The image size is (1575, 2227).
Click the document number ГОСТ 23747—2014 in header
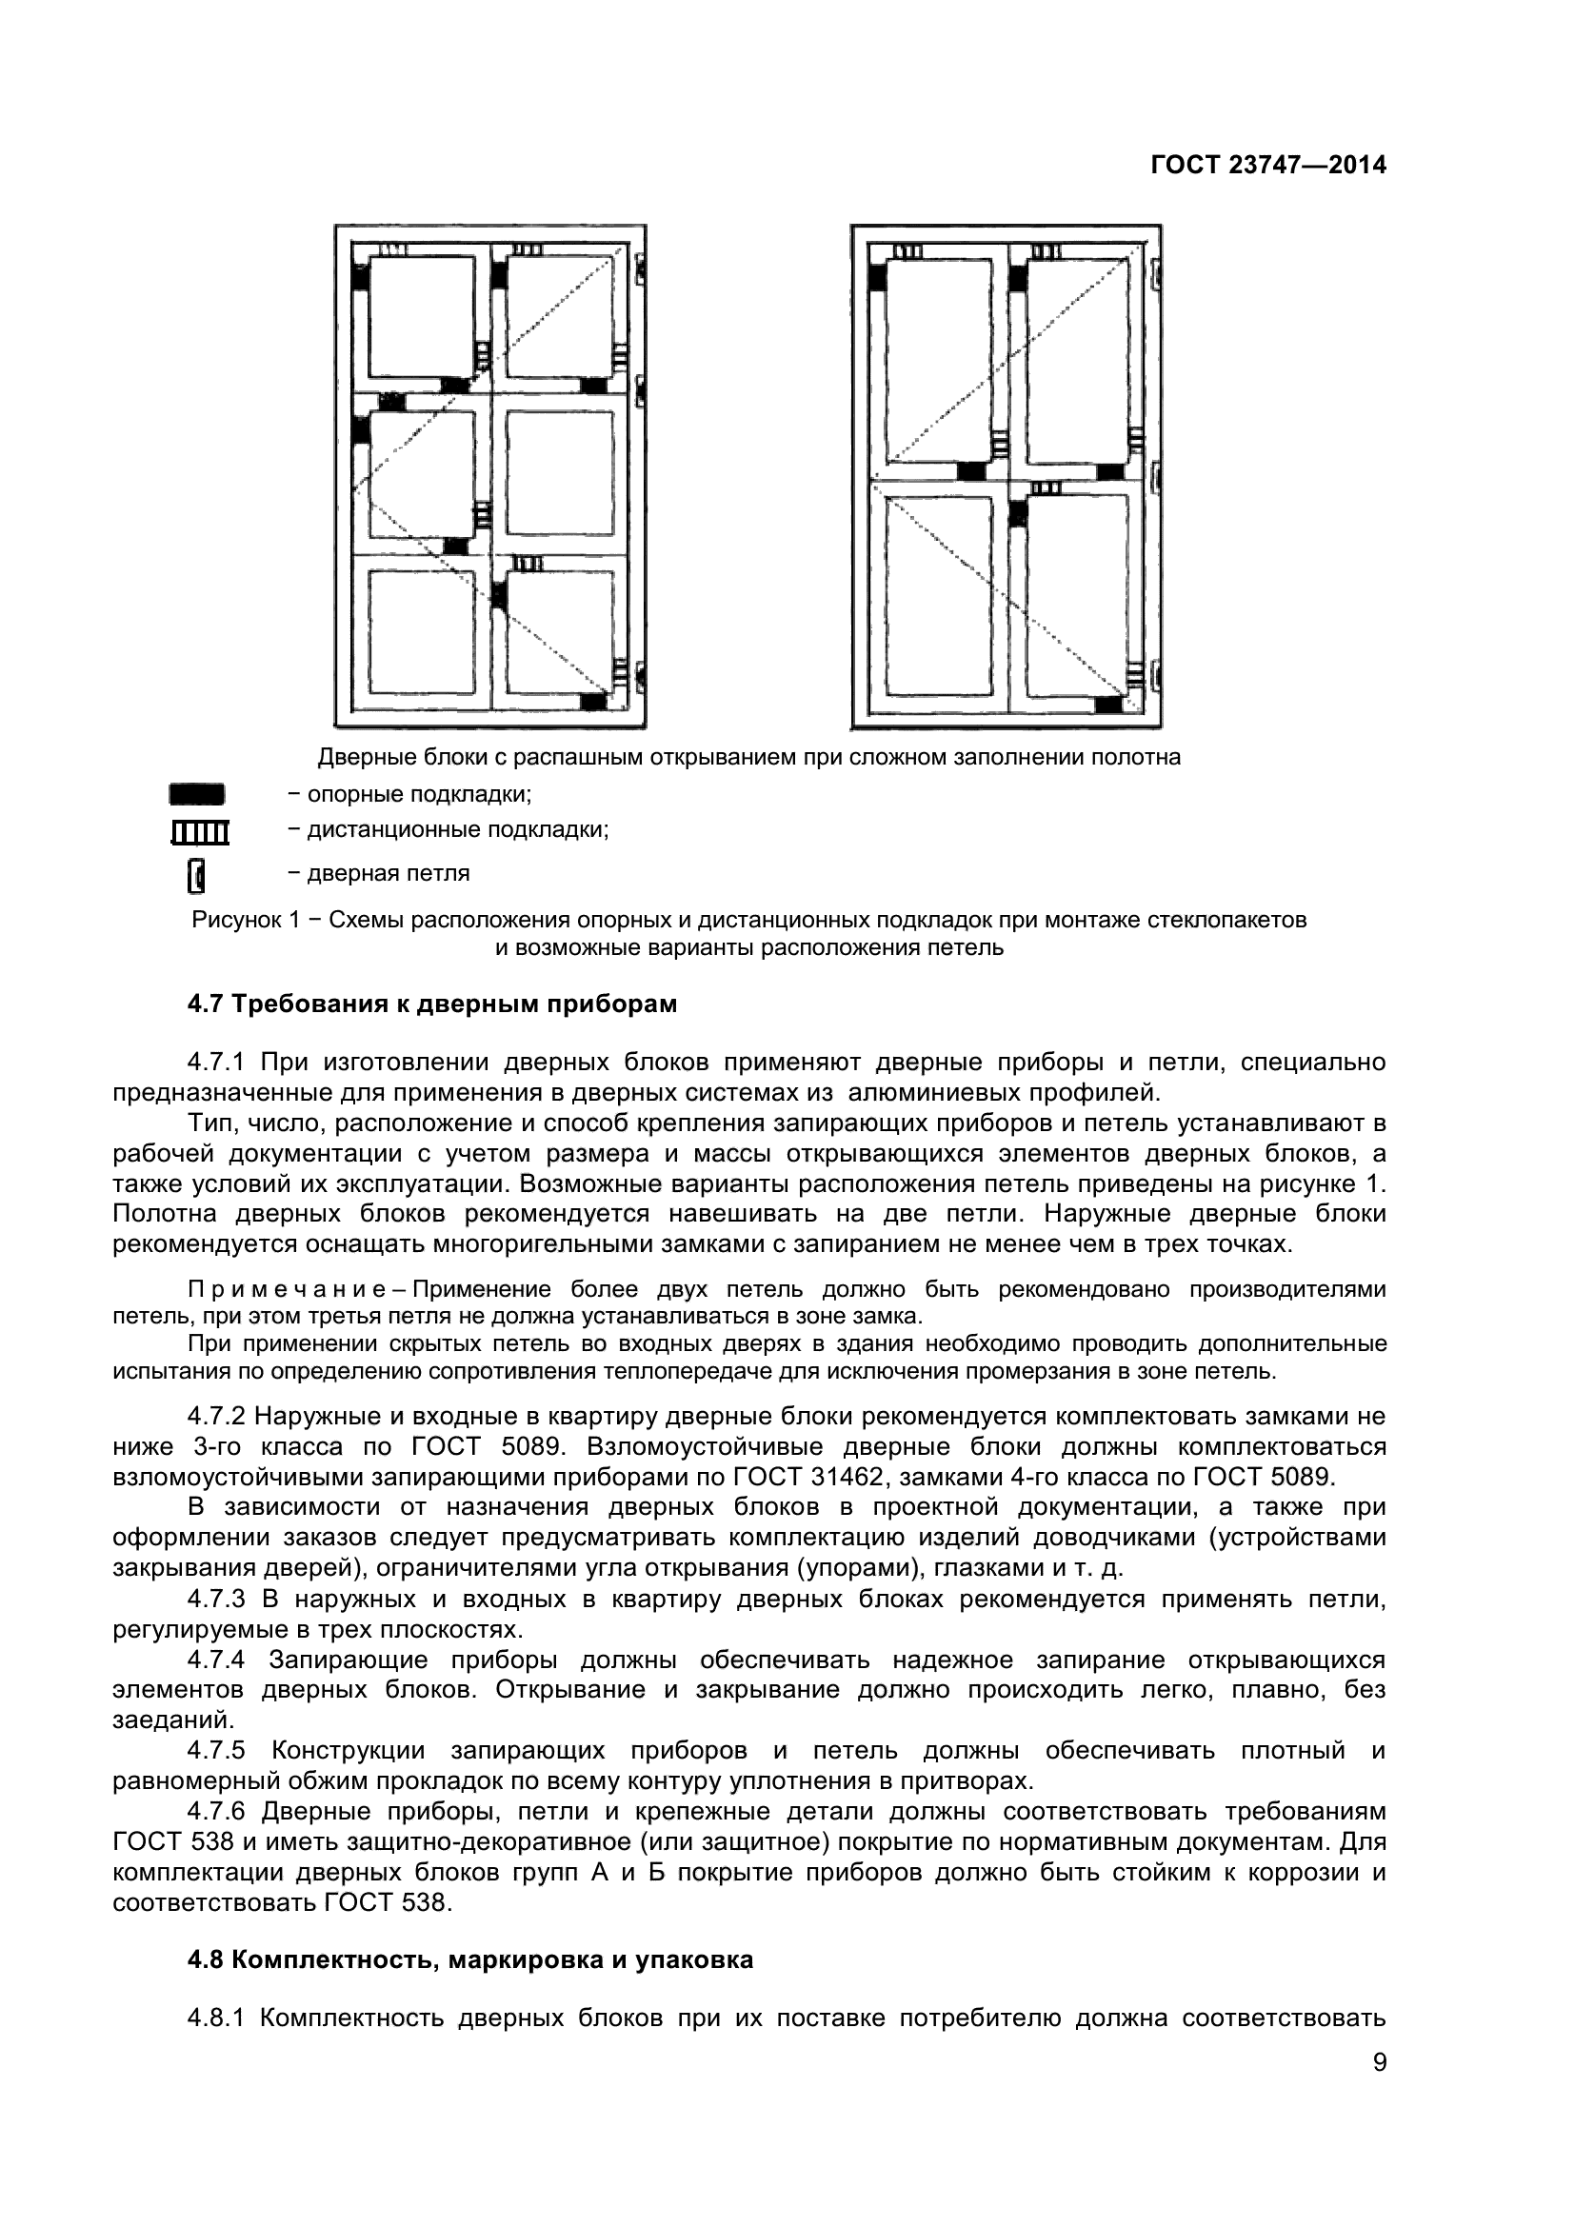point(1267,165)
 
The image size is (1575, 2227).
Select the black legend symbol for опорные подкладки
point(197,794)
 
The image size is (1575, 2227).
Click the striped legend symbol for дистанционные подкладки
point(200,832)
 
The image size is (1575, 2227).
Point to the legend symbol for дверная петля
point(196,874)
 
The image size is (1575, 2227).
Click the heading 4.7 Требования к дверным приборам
point(431,1004)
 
